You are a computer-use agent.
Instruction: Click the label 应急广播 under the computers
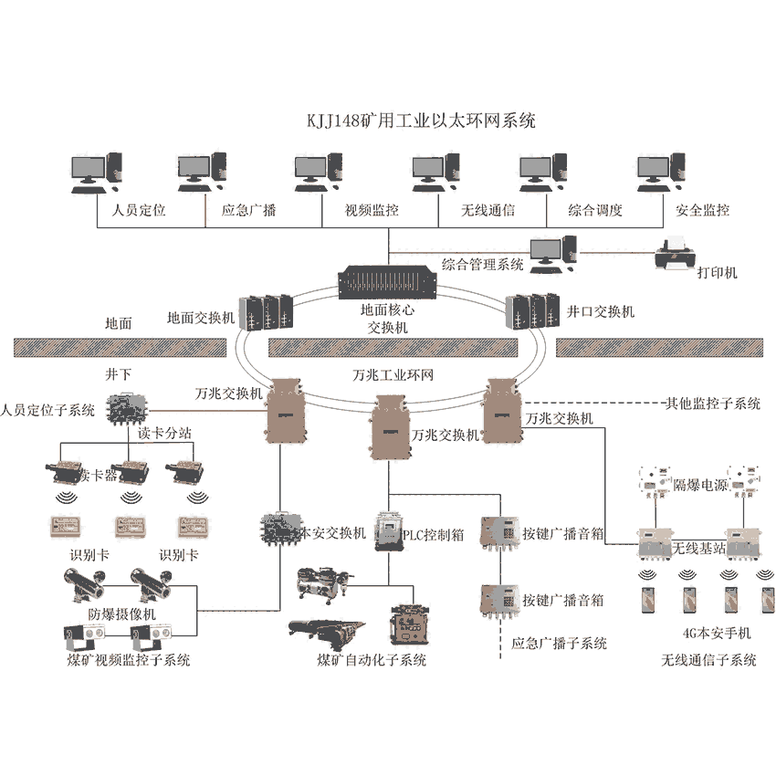(249, 211)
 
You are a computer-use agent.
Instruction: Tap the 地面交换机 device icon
(265, 312)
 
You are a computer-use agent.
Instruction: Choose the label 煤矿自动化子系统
(372, 660)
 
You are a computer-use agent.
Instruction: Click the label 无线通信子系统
(709, 660)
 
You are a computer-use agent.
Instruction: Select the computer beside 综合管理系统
(552, 255)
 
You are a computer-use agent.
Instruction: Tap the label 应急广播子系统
(560, 644)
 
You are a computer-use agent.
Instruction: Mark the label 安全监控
(702, 211)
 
